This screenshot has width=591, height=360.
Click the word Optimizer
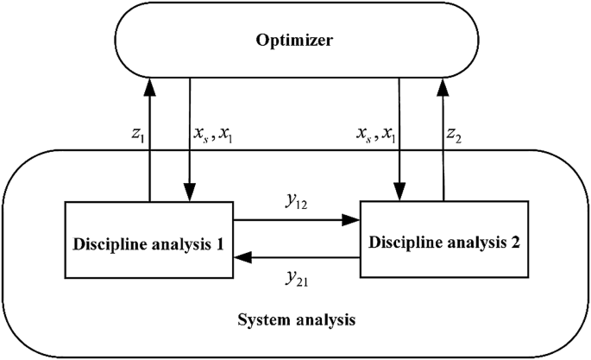click(x=296, y=41)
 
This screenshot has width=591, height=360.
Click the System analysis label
click(x=296, y=321)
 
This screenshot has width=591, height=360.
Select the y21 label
click(x=297, y=275)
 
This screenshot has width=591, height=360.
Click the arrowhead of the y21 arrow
click(x=242, y=256)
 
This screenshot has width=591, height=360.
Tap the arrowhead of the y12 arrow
click(x=353, y=220)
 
